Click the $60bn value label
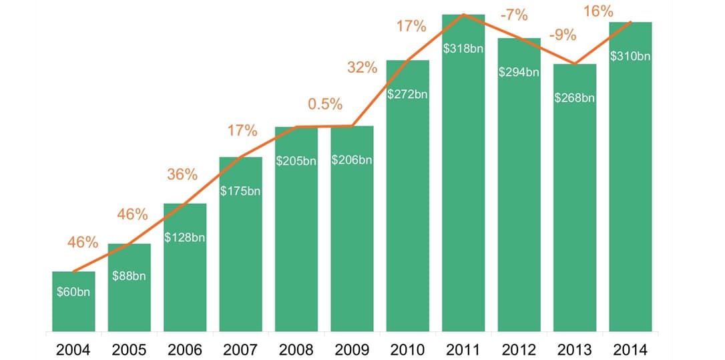[x=73, y=293]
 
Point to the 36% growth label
[x=182, y=175]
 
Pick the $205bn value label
[x=296, y=161]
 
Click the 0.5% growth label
[x=325, y=105]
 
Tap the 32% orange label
[x=362, y=67]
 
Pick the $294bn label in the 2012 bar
[x=519, y=72]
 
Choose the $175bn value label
[x=240, y=192]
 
